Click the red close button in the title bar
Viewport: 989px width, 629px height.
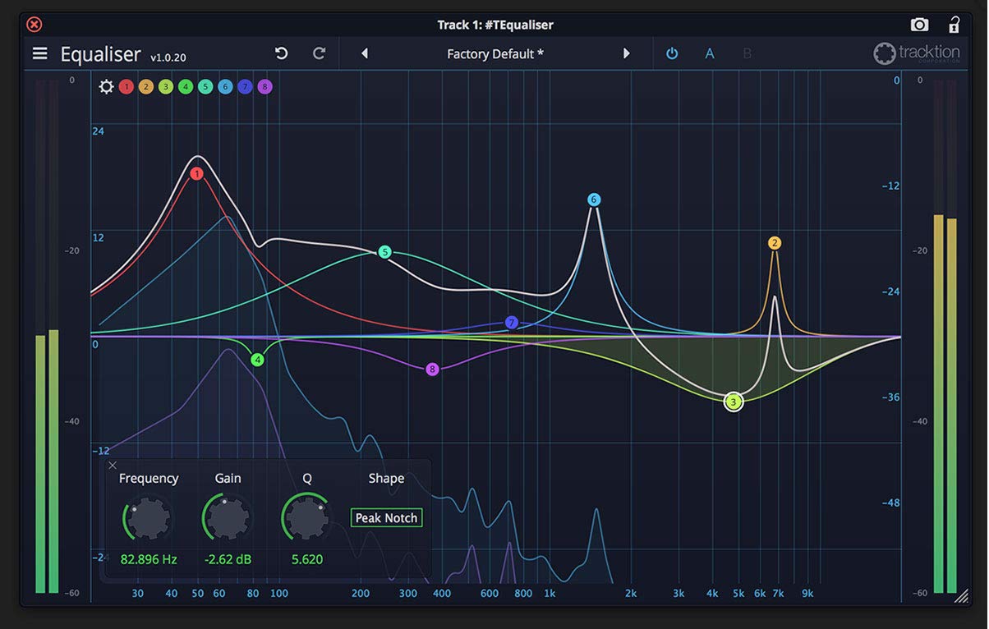34,25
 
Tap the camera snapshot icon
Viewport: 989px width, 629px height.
919,25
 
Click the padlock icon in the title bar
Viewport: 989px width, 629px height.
954,25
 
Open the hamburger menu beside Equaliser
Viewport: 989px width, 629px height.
39,53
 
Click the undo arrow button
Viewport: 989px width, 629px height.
281,53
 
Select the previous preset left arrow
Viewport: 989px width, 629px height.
365,53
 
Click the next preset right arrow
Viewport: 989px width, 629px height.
626,53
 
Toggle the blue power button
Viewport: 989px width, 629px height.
672,53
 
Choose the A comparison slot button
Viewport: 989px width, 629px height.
710,54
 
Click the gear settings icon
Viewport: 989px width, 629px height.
106,86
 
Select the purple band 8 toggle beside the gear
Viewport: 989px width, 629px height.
264,86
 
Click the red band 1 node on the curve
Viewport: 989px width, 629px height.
196,173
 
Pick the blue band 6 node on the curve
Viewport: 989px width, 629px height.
594,200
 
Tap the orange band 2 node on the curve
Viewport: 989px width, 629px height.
775,243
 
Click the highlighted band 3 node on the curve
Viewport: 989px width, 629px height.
734,402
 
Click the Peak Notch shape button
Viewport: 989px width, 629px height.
386,518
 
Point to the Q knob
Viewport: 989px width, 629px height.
307,517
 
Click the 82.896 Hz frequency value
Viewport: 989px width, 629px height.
149,559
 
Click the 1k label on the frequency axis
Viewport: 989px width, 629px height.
550,593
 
